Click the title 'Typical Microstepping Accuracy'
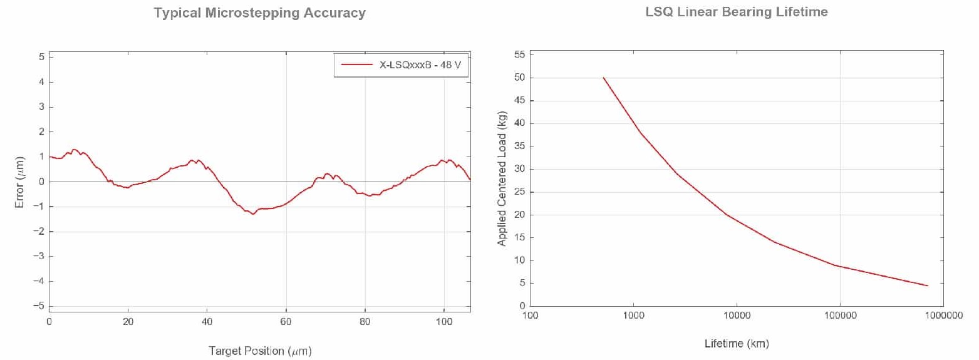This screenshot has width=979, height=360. (x=260, y=13)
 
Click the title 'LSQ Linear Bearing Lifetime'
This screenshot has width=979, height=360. (x=737, y=13)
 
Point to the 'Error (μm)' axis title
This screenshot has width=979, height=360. (x=19, y=182)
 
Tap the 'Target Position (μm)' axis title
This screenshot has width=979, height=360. (x=260, y=351)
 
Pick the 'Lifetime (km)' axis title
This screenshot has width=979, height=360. (x=737, y=344)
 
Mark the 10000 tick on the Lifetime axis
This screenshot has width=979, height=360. (x=737, y=316)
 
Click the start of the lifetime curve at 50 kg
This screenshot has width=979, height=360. (x=603, y=78)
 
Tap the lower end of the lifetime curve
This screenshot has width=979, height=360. (x=928, y=285)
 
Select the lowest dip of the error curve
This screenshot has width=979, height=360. (x=253, y=214)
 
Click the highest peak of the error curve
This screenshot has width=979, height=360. (x=74, y=150)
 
